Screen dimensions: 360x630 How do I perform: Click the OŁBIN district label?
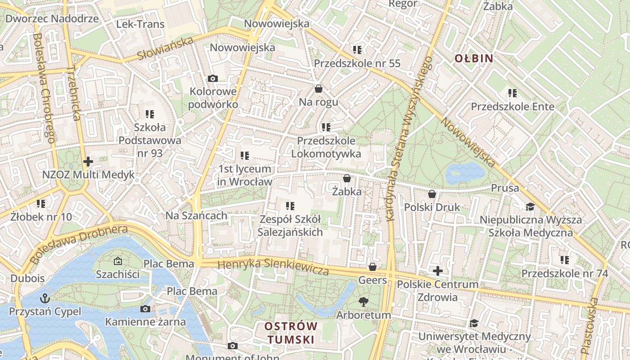point(473,58)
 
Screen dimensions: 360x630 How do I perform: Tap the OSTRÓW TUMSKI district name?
point(291,333)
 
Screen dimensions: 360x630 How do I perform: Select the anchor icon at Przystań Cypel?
point(45,298)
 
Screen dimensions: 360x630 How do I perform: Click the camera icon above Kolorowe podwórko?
point(213,78)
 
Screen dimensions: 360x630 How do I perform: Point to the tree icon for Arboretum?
point(363,302)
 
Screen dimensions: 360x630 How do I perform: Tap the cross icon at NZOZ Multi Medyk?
point(88,161)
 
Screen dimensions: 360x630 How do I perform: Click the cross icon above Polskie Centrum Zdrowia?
point(437,271)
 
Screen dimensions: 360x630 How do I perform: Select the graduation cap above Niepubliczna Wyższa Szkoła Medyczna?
point(531,207)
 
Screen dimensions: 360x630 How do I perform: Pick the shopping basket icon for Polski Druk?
point(432,194)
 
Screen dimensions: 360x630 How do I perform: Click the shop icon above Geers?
point(373,267)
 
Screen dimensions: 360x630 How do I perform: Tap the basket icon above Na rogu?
point(319,89)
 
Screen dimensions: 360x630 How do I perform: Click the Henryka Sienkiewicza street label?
point(273,266)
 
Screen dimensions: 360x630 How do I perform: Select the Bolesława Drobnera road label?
point(79,243)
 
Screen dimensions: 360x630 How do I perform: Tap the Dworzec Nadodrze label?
point(52,18)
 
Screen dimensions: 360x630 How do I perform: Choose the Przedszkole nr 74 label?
point(565,273)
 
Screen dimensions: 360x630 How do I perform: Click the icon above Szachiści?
point(118,261)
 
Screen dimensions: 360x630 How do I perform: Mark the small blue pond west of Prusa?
point(465,172)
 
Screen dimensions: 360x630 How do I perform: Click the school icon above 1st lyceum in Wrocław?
point(245,156)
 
